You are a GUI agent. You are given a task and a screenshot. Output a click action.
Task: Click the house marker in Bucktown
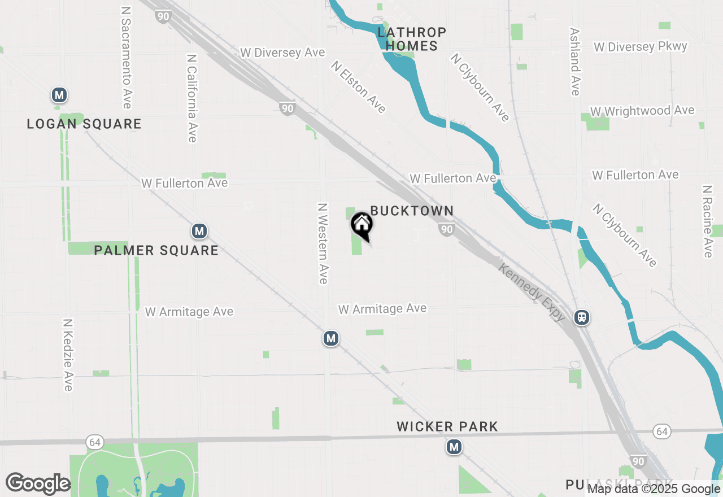point(362,224)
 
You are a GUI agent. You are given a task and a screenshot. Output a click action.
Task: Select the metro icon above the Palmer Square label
point(198,231)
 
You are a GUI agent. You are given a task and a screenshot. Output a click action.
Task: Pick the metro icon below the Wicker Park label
point(454,447)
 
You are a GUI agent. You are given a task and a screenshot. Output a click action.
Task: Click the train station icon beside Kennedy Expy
point(581,317)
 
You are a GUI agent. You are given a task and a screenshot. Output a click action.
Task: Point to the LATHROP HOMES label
point(412,39)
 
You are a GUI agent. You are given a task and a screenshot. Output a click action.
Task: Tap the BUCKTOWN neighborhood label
point(412,211)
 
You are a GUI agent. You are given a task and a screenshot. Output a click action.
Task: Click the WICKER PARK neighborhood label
point(447,426)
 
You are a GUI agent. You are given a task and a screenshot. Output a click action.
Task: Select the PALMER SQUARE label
point(156,250)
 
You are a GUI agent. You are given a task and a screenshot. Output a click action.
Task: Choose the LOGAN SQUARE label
point(84,124)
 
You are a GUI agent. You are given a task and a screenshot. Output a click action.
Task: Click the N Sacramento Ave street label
point(126,58)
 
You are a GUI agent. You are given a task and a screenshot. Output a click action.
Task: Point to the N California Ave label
point(192,98)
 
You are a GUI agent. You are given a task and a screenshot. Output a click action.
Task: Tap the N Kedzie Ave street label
point(68,355)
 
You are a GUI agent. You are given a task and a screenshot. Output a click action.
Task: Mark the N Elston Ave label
point(359,87)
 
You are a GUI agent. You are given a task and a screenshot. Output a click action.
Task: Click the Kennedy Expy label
point(531,292)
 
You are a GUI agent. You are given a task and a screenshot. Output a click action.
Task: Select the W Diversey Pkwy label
point(641,46)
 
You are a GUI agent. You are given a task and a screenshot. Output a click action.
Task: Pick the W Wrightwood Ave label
point(642,111)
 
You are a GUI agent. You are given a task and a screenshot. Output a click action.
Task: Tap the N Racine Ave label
point(707,221)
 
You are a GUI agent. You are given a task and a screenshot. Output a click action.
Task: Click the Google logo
point(38,483)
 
